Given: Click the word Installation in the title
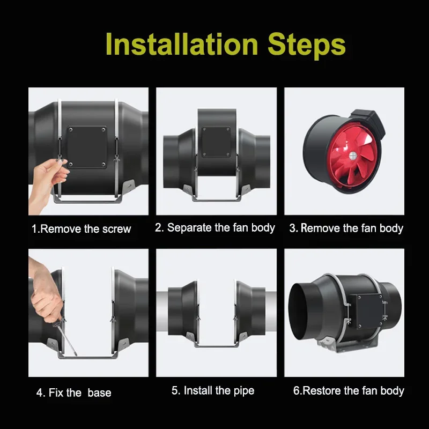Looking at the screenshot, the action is [182, 44].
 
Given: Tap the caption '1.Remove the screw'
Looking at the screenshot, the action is [82, 229].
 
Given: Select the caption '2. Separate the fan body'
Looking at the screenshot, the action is [215, 227].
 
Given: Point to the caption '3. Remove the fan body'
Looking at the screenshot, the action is [346, 228].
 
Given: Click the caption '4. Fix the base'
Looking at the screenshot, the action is [74, 393].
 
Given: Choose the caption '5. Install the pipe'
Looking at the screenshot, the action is [213, 390].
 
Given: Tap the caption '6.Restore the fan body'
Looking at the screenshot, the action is [349, 391].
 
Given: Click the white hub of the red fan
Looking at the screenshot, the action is [353, 156].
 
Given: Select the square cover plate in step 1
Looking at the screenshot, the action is [87, 147].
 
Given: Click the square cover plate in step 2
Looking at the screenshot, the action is [216, 142].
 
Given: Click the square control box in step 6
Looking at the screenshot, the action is [367, 312].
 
